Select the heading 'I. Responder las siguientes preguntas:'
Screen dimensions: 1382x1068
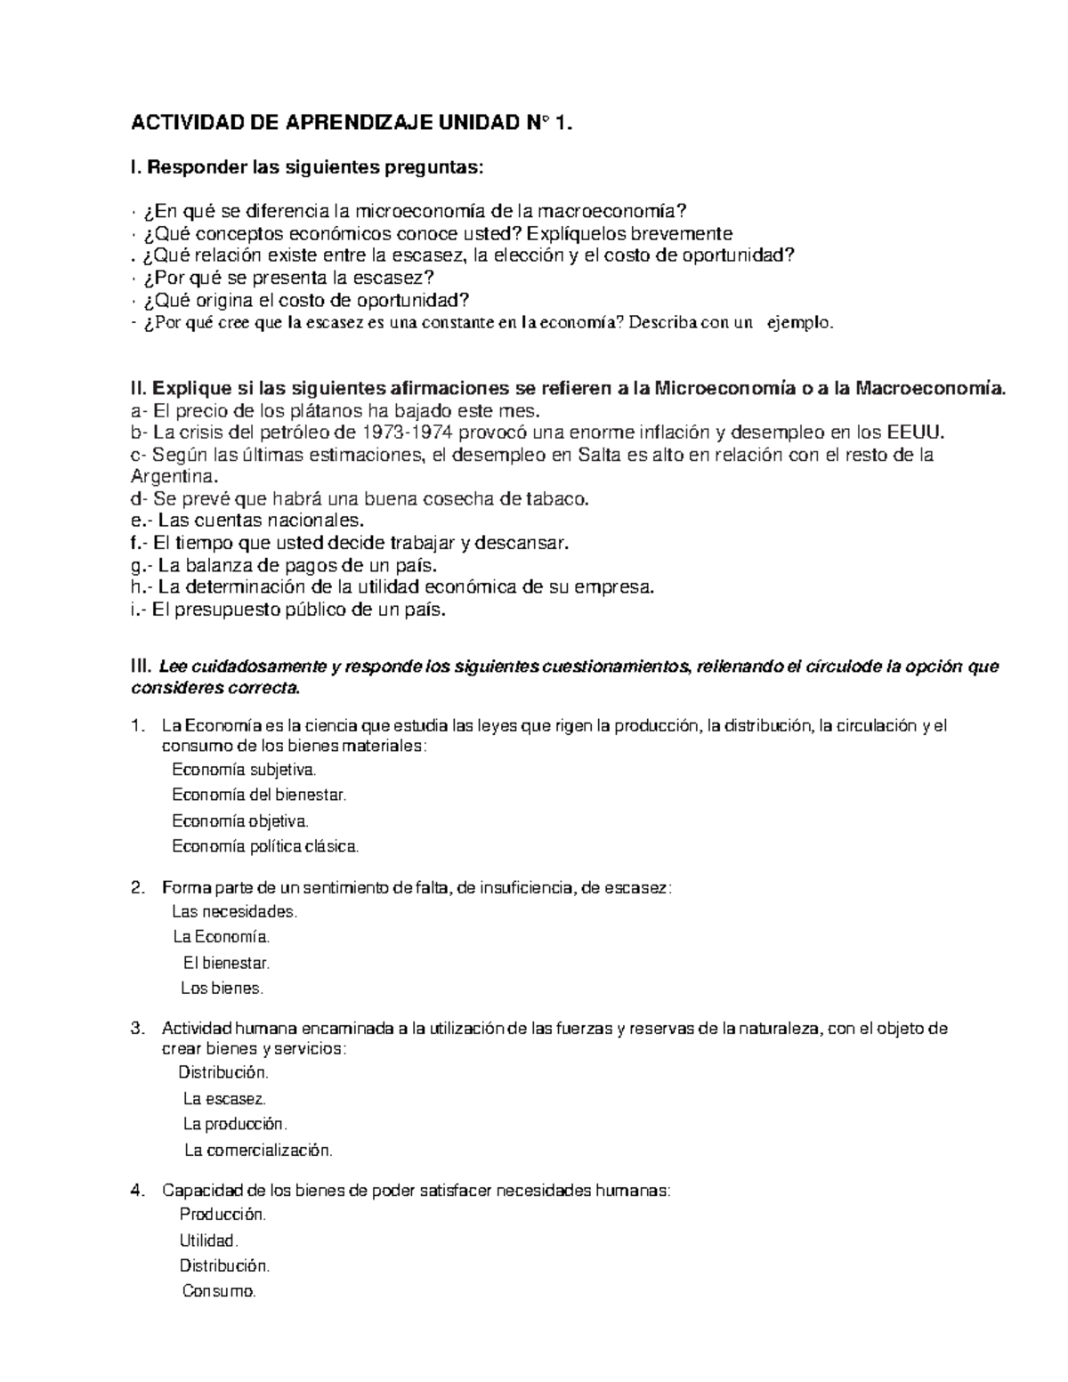308,166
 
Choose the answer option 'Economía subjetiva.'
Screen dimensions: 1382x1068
244,769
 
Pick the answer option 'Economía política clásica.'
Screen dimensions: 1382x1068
265,846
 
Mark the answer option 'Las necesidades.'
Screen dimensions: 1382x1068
235,912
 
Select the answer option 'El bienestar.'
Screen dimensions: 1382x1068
226,963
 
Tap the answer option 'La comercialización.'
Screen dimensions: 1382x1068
258,1151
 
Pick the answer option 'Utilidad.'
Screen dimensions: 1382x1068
209,1241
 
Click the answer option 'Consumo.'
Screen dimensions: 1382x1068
219,1291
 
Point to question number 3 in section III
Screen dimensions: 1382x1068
136,1029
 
